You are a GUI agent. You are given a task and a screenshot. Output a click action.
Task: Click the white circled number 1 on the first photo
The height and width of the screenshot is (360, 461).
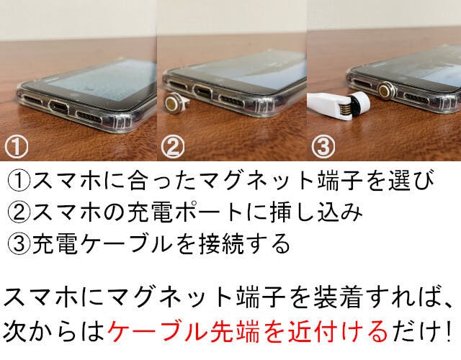click(x=17, y=146)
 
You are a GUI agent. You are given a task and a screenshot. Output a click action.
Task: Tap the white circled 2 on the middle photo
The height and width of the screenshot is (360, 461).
click(x=173, y=146)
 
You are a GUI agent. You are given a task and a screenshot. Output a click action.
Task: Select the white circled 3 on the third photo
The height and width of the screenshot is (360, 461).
click(x=323, y=146)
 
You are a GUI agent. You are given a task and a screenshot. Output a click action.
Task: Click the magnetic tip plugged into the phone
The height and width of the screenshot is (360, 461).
click(x=386, y=91)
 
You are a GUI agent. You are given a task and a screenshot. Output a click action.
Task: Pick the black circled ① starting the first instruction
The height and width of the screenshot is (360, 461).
click(x=19, y=181)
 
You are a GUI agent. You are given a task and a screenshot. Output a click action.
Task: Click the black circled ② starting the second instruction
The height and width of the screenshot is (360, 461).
click(x=19, y=212)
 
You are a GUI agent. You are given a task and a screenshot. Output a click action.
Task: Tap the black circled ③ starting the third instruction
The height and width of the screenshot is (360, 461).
click(x=19, y=243)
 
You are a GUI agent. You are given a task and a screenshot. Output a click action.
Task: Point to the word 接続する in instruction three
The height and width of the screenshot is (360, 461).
click(x=244, y=243)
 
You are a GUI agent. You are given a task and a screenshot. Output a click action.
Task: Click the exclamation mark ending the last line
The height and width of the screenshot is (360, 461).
click(x=449, y=331)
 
